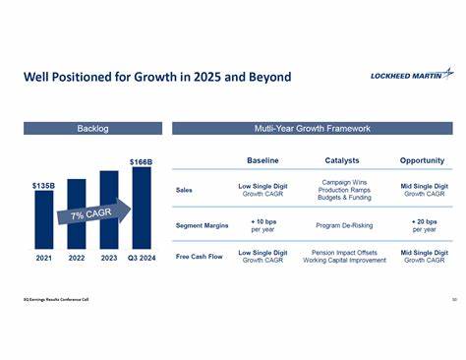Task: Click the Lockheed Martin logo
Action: click(411, 74)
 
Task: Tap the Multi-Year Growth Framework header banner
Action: click(312, 128)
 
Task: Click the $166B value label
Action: click(142, 161)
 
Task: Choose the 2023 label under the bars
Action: click(108, 260)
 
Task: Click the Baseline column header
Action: click(262, 160)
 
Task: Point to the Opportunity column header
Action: click(422, 160)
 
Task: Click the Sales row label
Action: click(184, 191)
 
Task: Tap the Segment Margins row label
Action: click(202, 225)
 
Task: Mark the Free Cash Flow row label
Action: click(200, 259)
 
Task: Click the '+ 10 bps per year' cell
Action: click(262, 225)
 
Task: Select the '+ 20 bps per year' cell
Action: click(424, 225)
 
